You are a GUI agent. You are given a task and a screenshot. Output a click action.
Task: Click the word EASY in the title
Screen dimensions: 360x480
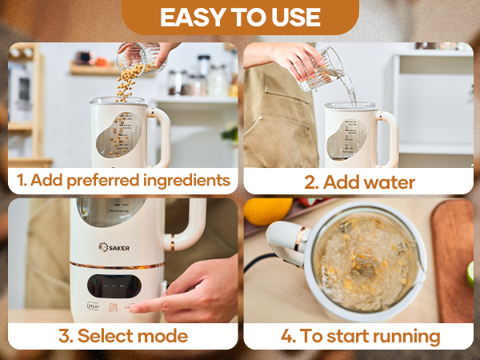[189, 17]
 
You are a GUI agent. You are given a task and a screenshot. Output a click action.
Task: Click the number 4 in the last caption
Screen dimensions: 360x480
[288, 336]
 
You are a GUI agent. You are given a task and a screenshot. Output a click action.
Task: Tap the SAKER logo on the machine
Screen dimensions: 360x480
[114, 247]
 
